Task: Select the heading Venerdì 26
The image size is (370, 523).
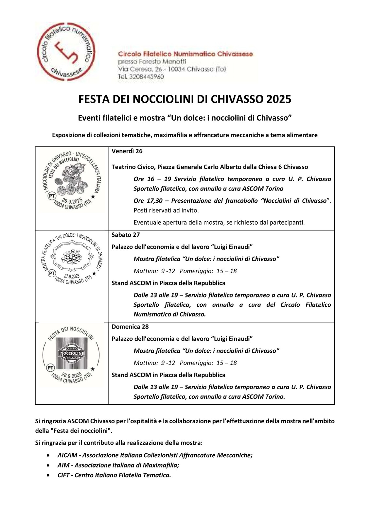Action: tap(127, 151)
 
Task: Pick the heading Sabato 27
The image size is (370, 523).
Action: tap(126, 235)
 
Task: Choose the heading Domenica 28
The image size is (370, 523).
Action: tap(130, 327)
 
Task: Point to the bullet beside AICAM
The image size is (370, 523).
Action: tap(49, 455)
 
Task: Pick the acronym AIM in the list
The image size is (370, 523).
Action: tap(63, 465)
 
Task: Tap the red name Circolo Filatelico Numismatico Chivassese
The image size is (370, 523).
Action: tap(185, 54)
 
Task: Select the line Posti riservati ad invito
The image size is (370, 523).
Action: tap(166, 210)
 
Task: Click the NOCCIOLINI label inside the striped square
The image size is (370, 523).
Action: tap(71, 353)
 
